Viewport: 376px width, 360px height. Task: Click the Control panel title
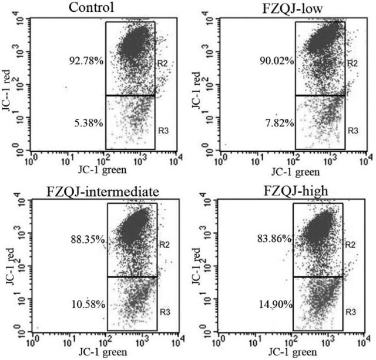[x=91, y=8]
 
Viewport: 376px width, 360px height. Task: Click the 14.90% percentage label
[x=276, y=304]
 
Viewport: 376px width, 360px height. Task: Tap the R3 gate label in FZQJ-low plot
[x=351, y=129]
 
